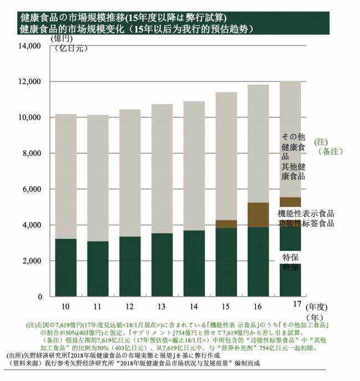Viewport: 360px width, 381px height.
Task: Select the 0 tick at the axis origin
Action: coord(40,297)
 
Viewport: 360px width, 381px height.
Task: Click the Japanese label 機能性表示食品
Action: coord(306,214)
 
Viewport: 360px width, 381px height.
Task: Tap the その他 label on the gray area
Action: coord(293,136)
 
